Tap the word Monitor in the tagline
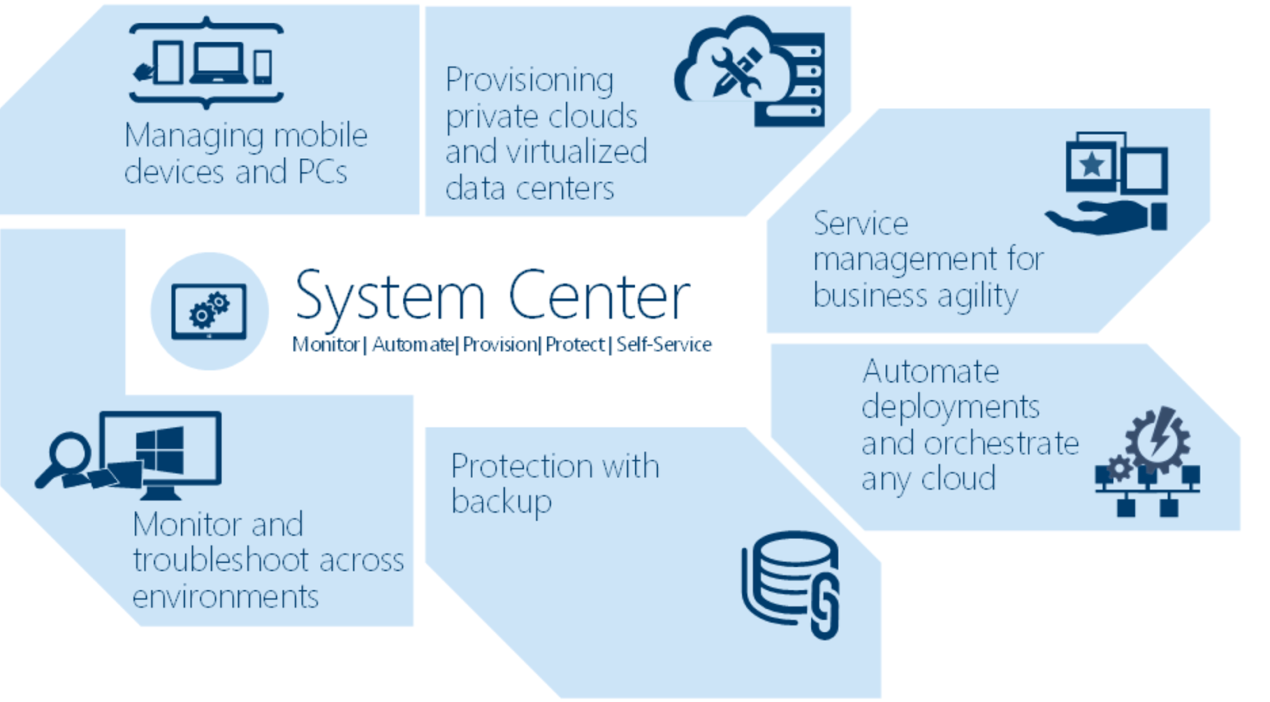pyautogui.click(x=325, y=345)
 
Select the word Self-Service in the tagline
pyautogui.click(x=664, y=345)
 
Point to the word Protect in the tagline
pyautogui.click(x=575, y=345)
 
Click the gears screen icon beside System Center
pyautogui.click(x=210, y=311)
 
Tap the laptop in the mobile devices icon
pyautogui.click(x=217, y=64)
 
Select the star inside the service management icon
pyautogui.click(x=1091, y=164)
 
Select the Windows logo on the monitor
pyautogui.click(x=160, y=450)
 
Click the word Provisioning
pyautogui.click(x=529, y=80)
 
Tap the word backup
pyautogui.click(x=502, y=502)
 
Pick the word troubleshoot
pyautogui.click(x=225, y=561)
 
